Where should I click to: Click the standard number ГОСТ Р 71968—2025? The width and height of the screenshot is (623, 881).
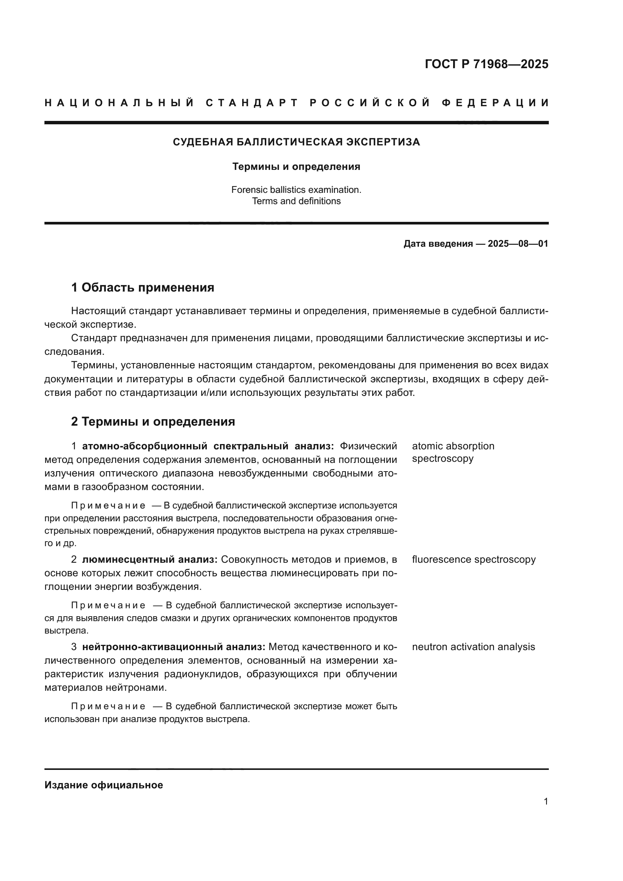pyautogui.click(x=486, y=64)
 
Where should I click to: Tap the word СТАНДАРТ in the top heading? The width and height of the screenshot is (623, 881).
pyautogui.click(x=252, y=103)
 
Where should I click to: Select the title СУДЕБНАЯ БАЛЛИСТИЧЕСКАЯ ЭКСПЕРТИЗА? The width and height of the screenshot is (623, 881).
pyautogui.click(x=296, y=142)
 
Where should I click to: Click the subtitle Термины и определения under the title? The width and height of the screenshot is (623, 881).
pyautogui.click(x=296, y=166)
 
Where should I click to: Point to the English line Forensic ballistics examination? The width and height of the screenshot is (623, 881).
pyautogui.click(x=296, y=189)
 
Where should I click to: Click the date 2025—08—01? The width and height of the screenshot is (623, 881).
pyautogui.click(x=518, y=244)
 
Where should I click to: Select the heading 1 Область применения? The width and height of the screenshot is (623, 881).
pyautogui.click(x=143, y=287)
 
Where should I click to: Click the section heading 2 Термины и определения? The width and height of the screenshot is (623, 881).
pyautogui.click(x=153, y=421)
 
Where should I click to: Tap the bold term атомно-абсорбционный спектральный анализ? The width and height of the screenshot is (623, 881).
pyautogui.click(x=208, y=446)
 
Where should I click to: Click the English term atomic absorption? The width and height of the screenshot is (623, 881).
pyautogui.click(x=453, y=446)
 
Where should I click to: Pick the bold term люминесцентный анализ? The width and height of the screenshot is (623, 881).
pyautogui.click(x=150, y=559)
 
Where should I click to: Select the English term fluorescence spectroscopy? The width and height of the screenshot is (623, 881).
pyautogui.click(x=473, y=559)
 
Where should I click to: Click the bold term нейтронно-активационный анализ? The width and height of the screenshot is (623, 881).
pyautogui.click(x=173, y=647)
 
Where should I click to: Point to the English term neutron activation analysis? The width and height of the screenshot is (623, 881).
pyautogui.click(x=473, y=647)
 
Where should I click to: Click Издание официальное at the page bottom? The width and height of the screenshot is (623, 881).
pyautogui.click(x=104, y=785)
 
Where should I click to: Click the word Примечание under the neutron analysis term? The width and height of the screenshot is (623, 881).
pyautogui.click(x=108, y=706)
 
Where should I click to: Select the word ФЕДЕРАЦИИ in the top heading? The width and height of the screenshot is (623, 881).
pyautogui.click(x=495, y=103)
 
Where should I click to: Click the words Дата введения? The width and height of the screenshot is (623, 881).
pyautogui.click(x=438, y=244)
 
